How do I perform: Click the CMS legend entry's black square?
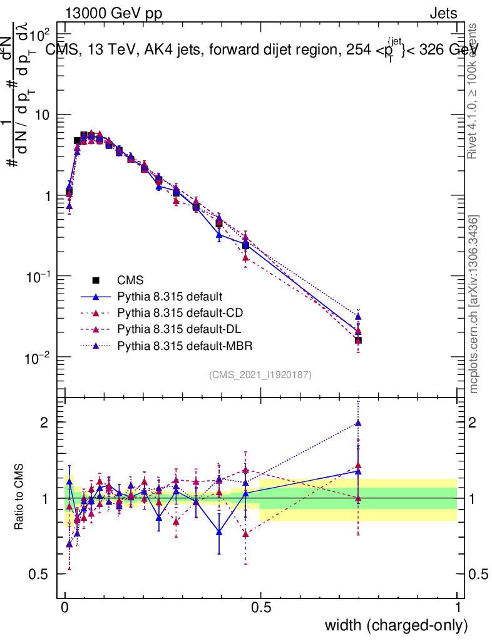point(95,280)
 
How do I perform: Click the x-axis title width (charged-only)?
point(396,625)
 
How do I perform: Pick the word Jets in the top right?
point(443,13)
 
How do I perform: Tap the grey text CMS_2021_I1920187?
point(260,374)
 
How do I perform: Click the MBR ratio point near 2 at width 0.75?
point(358,423)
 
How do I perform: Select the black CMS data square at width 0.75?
point(358,340)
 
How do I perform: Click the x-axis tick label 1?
point(458,608)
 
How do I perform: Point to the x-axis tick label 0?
point(65,608)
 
